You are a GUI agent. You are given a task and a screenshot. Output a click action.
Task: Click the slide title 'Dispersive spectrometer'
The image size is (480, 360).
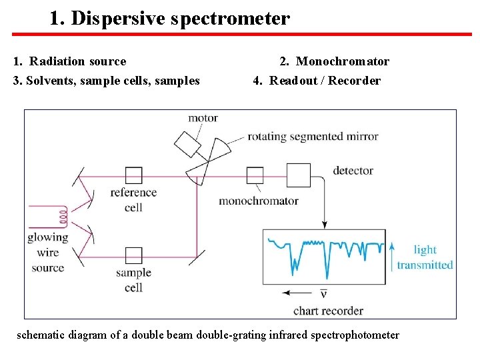(180, 18)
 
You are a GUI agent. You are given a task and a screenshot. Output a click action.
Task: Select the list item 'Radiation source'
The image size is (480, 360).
(77, 61)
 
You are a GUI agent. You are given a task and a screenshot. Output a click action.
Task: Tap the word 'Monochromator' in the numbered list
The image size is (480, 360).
(343, 61)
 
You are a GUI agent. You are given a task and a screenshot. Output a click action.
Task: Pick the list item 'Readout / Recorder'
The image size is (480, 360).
(325, 81)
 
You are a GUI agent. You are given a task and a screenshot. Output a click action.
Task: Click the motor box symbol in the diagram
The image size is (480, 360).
(187, 142)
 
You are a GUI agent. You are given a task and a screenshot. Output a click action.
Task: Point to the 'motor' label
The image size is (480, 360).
(203, 119)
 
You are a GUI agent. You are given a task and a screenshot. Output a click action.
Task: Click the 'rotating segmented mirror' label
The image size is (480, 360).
(313, 137)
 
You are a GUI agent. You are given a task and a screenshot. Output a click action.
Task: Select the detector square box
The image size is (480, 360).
(299, 175)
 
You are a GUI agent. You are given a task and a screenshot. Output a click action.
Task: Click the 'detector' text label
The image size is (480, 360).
(353, 171)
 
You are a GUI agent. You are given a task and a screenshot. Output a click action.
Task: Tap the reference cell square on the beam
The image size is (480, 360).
(133, 175)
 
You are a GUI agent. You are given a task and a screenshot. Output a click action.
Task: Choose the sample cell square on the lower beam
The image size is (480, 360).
(133, 255)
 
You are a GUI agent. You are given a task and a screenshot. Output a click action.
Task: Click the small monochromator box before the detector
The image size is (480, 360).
(255, 175)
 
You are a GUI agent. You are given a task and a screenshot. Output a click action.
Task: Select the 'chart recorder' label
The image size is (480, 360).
(328, 311)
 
